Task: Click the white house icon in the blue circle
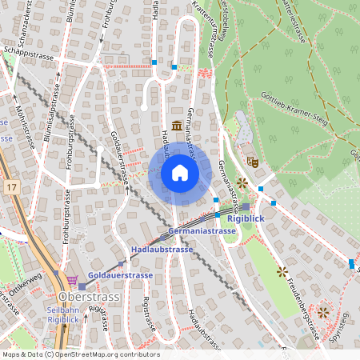(179, 173)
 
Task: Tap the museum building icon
(176, 125)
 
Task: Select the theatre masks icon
(252, 161)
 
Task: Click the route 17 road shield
(10, 186)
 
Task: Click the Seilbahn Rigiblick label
(64, 315)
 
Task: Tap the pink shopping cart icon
(73, 279)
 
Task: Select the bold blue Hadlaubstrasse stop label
(162, 250)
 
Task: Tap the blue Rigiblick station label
(245, 218)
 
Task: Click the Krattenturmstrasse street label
(203, 28)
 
